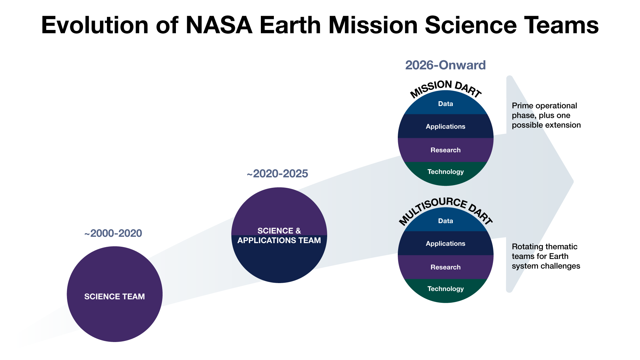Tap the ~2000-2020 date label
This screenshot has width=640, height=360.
click(113, 233)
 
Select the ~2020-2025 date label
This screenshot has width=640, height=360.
click(277, 174)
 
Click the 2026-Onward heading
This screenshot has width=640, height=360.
click(445, 65)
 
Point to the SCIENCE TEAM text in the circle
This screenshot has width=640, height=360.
click(114, 296)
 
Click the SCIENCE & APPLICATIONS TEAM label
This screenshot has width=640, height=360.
click(279, 235)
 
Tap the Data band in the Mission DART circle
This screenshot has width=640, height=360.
click(445, 104)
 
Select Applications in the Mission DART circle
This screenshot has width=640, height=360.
click(445, 127)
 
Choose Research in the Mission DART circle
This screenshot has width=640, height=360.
click(445, 150)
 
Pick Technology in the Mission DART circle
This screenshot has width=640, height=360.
click(445, 172)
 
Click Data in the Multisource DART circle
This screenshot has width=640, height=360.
click(445, 221)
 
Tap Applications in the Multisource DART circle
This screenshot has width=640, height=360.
click(445, 244)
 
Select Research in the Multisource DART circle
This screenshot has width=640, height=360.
click(445, 267)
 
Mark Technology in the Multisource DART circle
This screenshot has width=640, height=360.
click(445, 289)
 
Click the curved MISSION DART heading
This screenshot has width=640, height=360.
click(445, 87)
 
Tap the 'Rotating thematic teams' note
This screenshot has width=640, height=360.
click(546, 256)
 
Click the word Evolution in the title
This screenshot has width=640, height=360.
click(95, 25)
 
